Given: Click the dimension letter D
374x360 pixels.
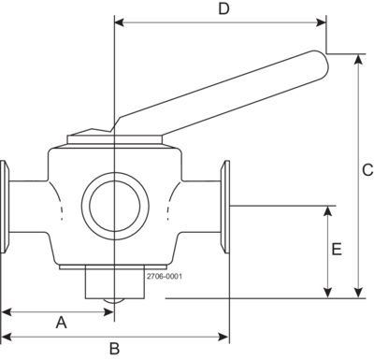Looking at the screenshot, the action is [223, 9].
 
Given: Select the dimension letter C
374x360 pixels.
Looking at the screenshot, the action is [367, 170].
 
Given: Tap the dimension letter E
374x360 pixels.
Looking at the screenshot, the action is [337, 250].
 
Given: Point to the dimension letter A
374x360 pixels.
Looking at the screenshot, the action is [62, 323].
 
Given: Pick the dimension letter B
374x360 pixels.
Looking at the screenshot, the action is [115, 349].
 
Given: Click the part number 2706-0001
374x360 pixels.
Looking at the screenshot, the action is [165, 277].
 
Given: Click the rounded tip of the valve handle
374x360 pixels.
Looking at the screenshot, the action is [323, 63].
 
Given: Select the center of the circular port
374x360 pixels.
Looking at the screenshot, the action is [115, 206].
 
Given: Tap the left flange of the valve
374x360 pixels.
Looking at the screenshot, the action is [5, 207].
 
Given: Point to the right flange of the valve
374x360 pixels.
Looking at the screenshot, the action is [225, 207].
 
